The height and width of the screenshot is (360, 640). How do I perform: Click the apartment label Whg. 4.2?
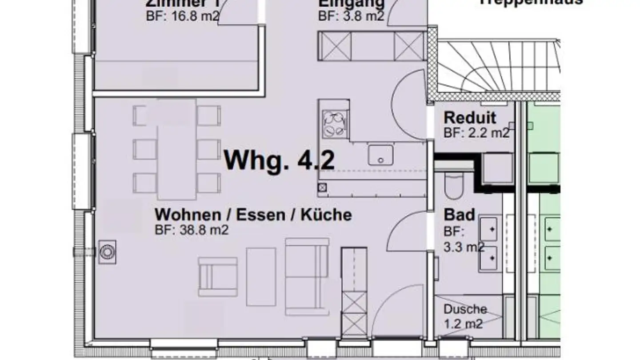279,160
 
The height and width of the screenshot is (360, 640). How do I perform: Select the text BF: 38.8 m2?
192,230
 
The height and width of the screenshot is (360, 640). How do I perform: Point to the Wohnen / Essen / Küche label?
253,215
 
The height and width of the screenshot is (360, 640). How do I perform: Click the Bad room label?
460,215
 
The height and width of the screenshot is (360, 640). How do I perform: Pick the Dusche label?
465,309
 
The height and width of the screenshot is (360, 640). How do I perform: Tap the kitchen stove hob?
334,124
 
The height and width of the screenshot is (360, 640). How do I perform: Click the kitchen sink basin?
380,155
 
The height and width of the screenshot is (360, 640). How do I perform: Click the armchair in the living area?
217,276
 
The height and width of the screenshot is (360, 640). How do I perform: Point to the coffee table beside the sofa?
261,276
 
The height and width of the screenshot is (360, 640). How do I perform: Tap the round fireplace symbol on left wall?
107,252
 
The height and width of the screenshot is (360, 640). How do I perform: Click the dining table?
177,149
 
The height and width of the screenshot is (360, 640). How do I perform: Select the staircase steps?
498,67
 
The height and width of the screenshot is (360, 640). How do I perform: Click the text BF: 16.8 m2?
183,16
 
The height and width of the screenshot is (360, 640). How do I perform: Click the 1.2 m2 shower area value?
463,324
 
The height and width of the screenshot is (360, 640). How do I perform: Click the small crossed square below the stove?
323,187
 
